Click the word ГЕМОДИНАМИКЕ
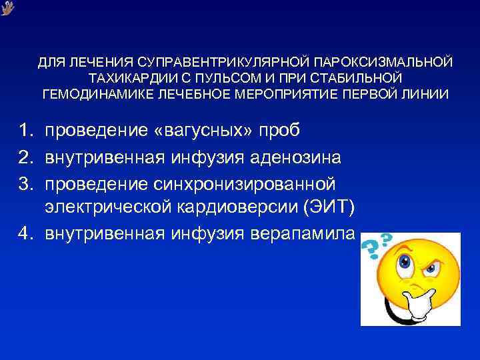point(97,93)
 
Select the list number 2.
point(24,157)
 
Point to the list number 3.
point(24,183)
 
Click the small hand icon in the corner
point(8,8)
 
